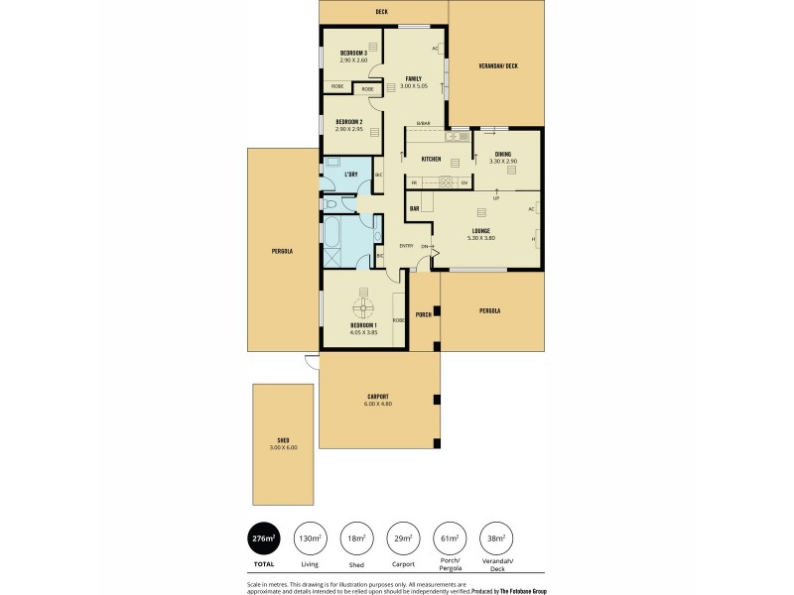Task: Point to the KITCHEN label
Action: pos(431,159)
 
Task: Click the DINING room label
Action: pos(503,154)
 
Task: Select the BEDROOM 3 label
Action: pos(353,53)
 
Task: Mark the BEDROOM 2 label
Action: pos(348,122)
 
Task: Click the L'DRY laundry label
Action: pos(350,175)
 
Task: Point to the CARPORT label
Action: pos(378,397)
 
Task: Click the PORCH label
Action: pos(423,315)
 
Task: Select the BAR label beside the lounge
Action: pos(415,208)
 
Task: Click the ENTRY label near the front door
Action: pos(406,246)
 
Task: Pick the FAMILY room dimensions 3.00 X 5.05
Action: pos(412,86)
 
